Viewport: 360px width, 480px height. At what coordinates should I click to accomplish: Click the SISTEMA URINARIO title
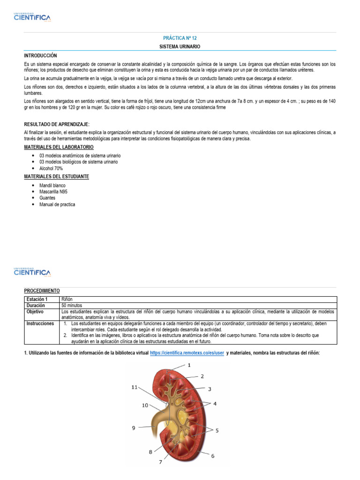click(180, 47)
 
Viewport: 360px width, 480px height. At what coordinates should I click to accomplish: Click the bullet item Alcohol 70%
click(51, 168)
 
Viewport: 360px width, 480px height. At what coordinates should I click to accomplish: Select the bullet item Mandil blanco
click(52, 185)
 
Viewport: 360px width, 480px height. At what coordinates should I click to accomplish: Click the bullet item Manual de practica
click(57, 204)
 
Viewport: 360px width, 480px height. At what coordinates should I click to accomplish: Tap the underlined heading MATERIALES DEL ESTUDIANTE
click(56, 176)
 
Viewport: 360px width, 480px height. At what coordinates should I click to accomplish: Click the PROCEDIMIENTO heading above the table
click(42, 291)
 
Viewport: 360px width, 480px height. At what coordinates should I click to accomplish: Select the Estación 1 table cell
click(37, 299)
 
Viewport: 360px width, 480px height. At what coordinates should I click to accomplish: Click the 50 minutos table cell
click(73, 305)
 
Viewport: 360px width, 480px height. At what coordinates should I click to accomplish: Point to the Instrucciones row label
click(40, 323)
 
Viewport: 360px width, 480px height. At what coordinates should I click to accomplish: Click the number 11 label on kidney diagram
click(135, 387)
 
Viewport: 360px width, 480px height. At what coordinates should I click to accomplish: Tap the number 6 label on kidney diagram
click(212, 455)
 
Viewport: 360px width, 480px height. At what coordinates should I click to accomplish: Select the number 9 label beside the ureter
click(134, 427)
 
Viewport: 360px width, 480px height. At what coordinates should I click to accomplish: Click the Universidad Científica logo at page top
click(32, 18)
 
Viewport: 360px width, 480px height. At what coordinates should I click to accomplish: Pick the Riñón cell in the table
click(67, 299)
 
